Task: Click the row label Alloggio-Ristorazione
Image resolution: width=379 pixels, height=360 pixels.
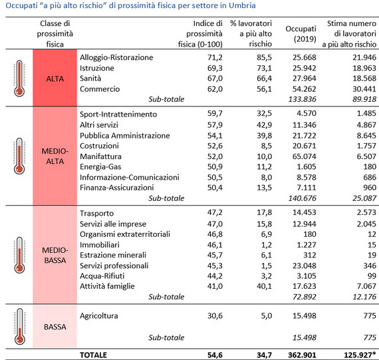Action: coord(116,57)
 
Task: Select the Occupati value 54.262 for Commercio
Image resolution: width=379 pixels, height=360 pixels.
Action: coord(305,89)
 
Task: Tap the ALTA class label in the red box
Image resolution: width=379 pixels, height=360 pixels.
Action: coord(55,79)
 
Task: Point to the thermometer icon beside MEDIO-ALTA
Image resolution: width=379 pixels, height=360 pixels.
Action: coord(19,156)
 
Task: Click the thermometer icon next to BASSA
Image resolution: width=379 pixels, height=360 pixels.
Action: coord(19,326)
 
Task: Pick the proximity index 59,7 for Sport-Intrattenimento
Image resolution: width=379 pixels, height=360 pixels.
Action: coord(215,113)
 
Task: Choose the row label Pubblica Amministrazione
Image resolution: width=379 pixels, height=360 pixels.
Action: coord(125,136)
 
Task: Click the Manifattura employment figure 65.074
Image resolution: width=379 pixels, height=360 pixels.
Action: coord(305,156)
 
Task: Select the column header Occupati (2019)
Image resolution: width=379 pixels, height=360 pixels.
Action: coord(301,34)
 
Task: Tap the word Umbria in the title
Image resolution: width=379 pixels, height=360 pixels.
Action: coord(242,5)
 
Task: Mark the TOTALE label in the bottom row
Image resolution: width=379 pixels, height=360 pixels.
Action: coord(93,355)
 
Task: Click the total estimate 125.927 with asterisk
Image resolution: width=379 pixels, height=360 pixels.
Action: coord(360,355)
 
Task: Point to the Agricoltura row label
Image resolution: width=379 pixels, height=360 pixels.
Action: coord(99,315)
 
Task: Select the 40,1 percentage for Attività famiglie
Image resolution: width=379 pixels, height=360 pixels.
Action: coord(264,286)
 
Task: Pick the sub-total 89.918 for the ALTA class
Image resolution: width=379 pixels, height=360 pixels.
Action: coord(364,99)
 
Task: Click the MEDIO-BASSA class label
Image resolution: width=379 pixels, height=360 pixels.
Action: coord(55,255)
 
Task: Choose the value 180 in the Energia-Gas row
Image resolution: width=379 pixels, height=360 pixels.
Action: coord(370,166)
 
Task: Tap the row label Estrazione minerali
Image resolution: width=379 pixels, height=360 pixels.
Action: coord(113,255)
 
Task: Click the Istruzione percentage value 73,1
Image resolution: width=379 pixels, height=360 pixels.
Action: coord(264,68)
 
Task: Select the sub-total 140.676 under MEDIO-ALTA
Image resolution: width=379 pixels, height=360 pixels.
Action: coord(302,198)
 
